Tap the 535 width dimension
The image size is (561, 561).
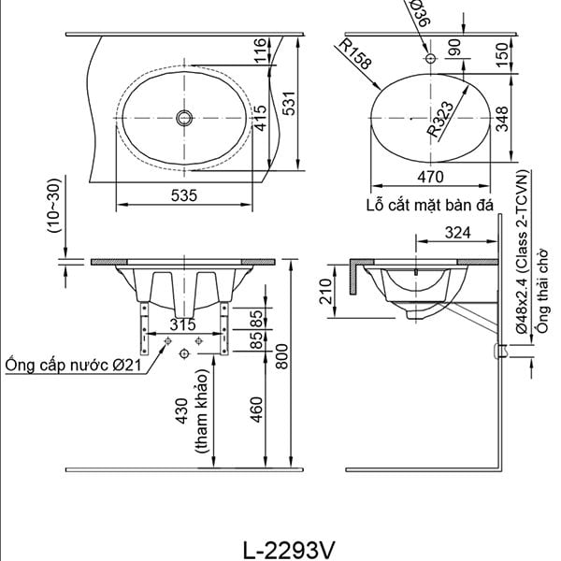(x=184, y=195)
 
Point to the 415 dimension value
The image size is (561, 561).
(x=261, y=118)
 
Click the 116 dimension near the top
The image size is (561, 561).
(x=261, y=50)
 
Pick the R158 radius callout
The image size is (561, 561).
(x=355, y=54)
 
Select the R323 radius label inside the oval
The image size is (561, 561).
(x=440, y=120)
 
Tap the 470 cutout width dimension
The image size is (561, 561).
(x=430, y=177)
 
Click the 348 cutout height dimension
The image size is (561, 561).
(x=502, y=119)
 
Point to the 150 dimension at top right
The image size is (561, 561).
(x=502, y=54)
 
